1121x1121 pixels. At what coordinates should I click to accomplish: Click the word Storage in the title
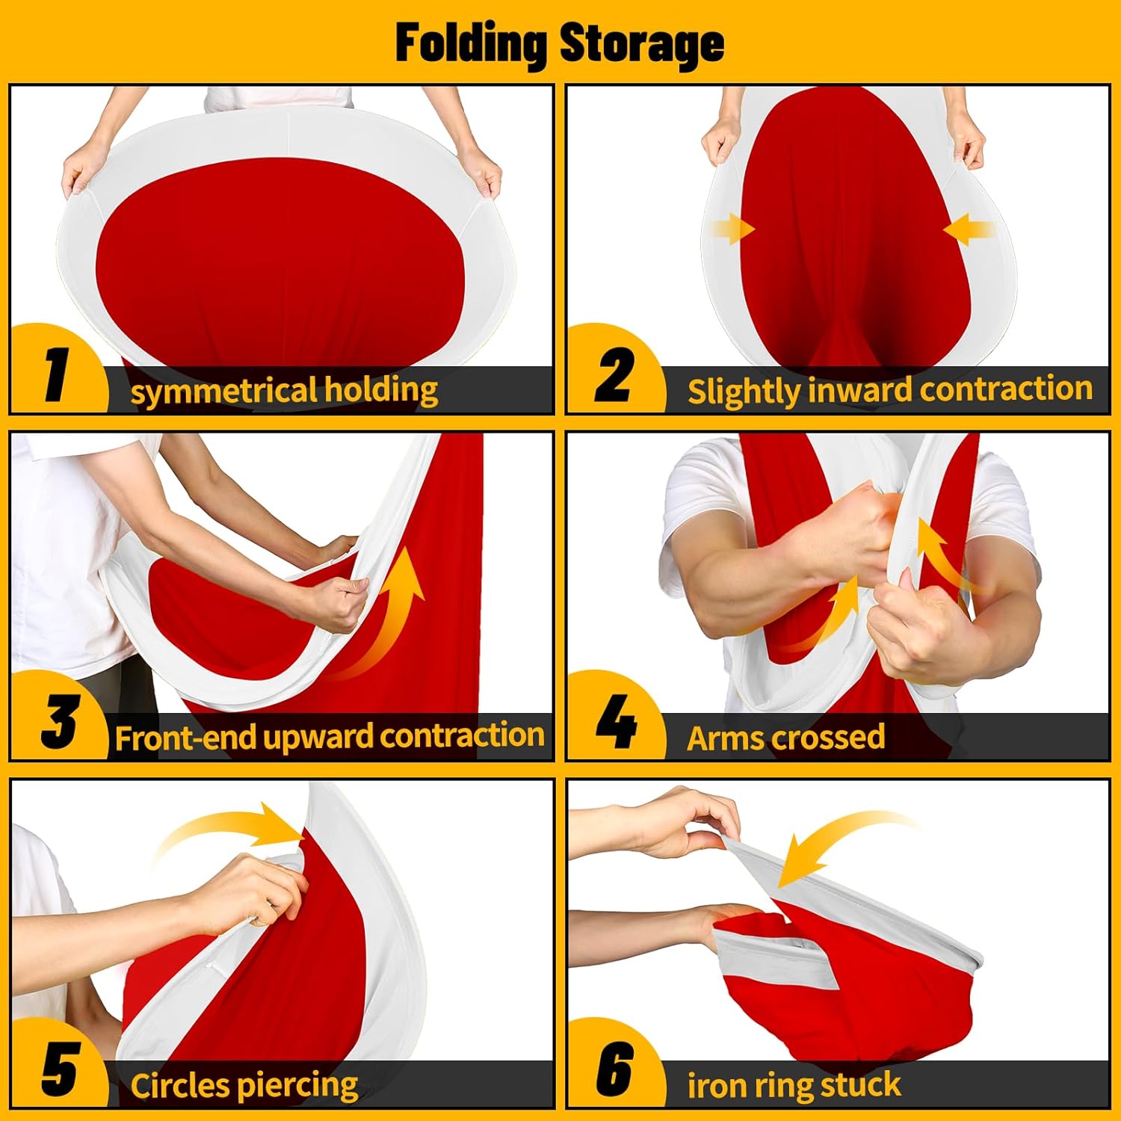click(x=642, y=43)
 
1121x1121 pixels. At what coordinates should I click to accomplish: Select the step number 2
click(x=614, y=374)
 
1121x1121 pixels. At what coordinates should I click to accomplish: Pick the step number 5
click(x=59, y=1069)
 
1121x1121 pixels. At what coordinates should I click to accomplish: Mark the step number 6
click(x=614, y=1069)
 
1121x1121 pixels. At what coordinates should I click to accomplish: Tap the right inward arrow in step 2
click(x=969, y=229)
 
